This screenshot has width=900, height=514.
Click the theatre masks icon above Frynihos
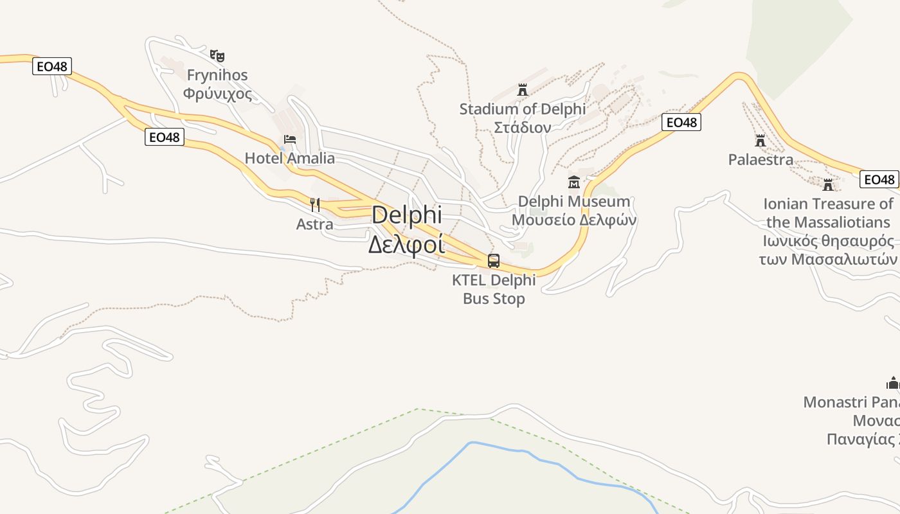[217, 56]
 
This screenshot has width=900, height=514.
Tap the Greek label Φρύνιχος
[217, 94]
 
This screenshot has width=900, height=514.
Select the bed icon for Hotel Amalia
[290, 139]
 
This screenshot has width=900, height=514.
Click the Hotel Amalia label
[290, 158]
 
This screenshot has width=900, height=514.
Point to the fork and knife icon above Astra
[315, 205]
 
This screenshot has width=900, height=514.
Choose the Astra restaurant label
[315, 224]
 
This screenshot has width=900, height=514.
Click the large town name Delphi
[407, 215]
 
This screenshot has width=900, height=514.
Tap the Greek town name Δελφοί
[406, 244]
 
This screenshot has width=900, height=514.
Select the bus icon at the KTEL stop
[494, 261]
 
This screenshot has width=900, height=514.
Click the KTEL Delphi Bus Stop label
[494, 289]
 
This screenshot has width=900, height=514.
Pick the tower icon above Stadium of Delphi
[522, 90]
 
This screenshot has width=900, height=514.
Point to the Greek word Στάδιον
[522, 127]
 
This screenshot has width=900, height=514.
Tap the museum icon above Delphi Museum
[574, 182]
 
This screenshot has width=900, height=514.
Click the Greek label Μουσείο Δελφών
[574, 220]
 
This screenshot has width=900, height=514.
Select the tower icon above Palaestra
[760, 141]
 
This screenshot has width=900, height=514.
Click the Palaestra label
[760, 159]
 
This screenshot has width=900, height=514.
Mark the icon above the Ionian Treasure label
[828, 185]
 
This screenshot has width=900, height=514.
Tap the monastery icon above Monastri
[893, 384]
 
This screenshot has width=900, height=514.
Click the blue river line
[514, 450]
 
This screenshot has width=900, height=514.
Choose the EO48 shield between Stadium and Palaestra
[681, 122]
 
